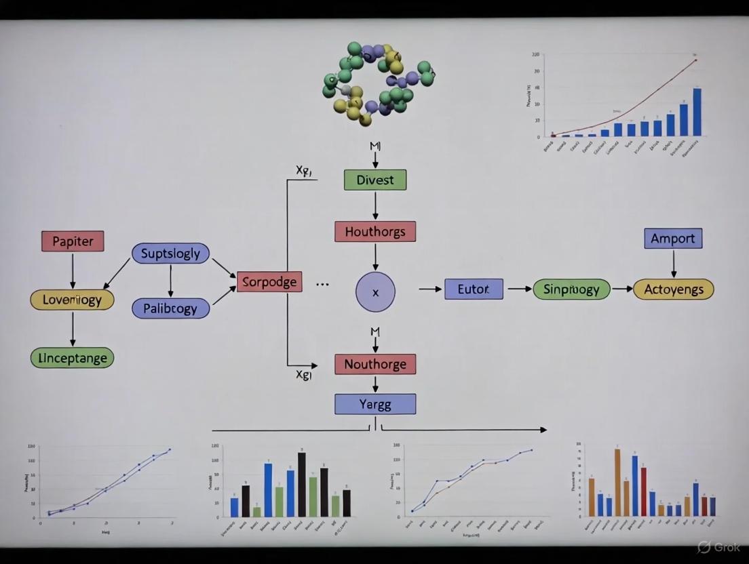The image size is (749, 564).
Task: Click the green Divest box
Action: click(x=374, y=180)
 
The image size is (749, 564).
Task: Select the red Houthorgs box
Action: click(x=374, y=231)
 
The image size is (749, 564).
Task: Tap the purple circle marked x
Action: click(x=375, y=291)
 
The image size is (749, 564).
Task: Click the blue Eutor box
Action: click(x=474, y=289)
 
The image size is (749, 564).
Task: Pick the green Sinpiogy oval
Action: click(x=571, y=289)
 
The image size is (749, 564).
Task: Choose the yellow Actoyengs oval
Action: click(x=673, y=289)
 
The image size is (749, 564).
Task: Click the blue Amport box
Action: click(x=672, y=239)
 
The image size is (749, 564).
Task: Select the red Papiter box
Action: click(x=73, y=241)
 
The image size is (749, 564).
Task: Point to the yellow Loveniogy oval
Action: click(x=72, y=300)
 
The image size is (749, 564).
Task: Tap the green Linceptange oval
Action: click(x=73, y=357)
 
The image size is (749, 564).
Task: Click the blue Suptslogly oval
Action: click(x=170, y=254)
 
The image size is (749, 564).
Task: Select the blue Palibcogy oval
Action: click(x=170, y=308)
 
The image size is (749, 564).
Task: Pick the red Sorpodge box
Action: click(x=269, y=281)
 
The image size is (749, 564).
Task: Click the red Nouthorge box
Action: click(x=374, y=364)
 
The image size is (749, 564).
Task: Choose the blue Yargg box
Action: click(x=374, y=404)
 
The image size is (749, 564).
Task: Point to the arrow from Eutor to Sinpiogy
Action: click(x=520, y=289)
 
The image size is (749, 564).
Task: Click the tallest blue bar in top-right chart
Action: click(x=697, y=112)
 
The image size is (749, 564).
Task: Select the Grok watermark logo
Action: click(x=705, y=546)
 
